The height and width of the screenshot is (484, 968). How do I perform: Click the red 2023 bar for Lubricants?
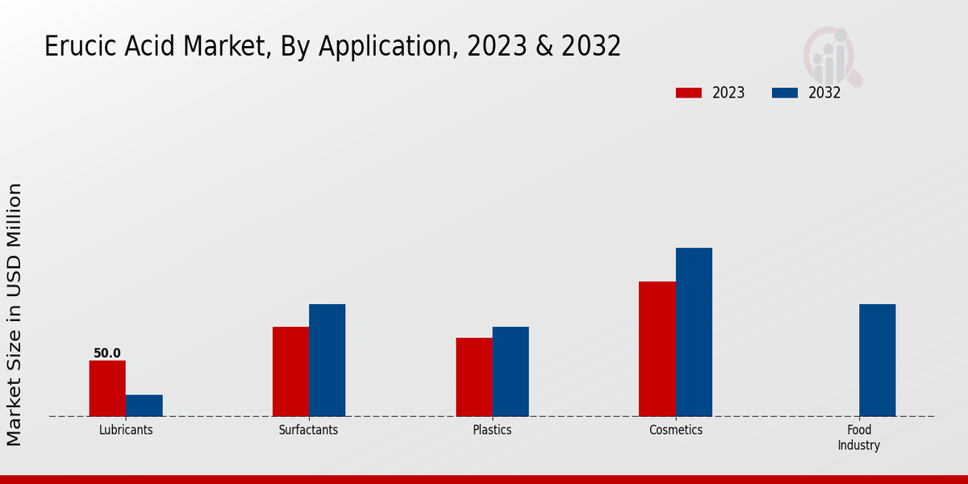(x=107, y=388)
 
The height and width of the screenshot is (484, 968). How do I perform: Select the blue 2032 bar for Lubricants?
(x=144, y=405)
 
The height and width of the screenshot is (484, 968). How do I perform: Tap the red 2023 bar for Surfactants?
(x=290, y=371)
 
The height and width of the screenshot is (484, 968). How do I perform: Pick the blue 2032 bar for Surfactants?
(x=327, y=360)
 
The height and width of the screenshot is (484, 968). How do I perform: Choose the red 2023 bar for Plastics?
(x=474, y=377)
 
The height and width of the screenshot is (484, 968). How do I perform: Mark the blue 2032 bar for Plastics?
(x=511, y=371)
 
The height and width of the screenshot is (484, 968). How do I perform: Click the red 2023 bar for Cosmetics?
(x=657, y=348)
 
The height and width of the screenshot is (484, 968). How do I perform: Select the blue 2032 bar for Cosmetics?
(x=694, y=332)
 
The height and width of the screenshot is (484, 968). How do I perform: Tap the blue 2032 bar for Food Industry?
(x=877, y=360)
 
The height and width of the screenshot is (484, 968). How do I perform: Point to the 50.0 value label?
(x=107, y=353)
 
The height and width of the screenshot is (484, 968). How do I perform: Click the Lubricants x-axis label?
(x=126, y=430)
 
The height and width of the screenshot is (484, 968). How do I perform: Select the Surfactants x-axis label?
(x=308, y=430)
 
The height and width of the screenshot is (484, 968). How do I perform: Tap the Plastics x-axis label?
(x=492, y=430)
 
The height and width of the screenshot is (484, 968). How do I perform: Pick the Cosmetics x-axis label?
(x=676, y=430)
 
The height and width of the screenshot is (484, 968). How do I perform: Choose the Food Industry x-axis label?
(x=858, y=437)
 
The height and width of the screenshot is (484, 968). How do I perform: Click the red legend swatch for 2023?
(x=689, y=93)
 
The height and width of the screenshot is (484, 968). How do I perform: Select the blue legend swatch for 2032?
(x=785, y=93)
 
